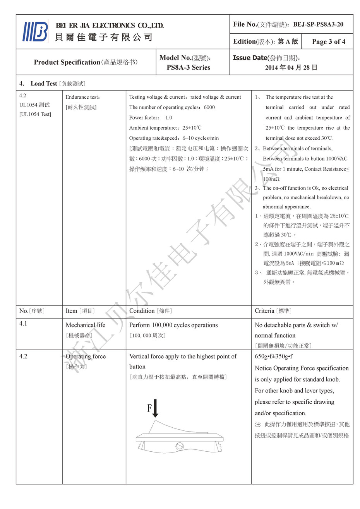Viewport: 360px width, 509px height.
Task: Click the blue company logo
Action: pyautogui.click(x=36, y=32)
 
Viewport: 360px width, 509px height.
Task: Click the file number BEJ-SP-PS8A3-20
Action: pyautogui.click(x=318, y=24)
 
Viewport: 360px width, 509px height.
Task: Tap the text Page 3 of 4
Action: pyautogui.click(x=328, y=42)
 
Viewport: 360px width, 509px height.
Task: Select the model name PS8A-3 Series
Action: pyautogui.click(x=189, y=67)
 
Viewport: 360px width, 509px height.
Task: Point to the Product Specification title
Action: pyautogui.click(x=67, y=62)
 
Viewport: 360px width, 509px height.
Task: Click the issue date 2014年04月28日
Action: pyautogui.click(x=291, y=67)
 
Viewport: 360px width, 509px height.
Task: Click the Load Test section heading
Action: pyautogui.click(x=44, y=84)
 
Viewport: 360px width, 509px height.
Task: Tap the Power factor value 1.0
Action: pyautogui.click(x=169, y=118)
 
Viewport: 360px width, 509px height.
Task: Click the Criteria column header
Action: pyautogui.click(x=265, y=311)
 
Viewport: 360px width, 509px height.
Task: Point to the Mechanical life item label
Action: pyautogui.click(x=85, y=325)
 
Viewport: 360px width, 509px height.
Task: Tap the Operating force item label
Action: pyautogui.click(x=86, y=356)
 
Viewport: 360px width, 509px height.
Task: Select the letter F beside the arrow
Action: pyautogui.click(x=149, y=408)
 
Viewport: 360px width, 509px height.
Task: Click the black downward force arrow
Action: pyautogui.click(x=156, y=408)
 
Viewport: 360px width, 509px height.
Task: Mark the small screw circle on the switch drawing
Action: pyautogui.click(x=179, y=446)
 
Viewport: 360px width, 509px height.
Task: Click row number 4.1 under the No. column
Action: pyautogui.click(x=23, y=324)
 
